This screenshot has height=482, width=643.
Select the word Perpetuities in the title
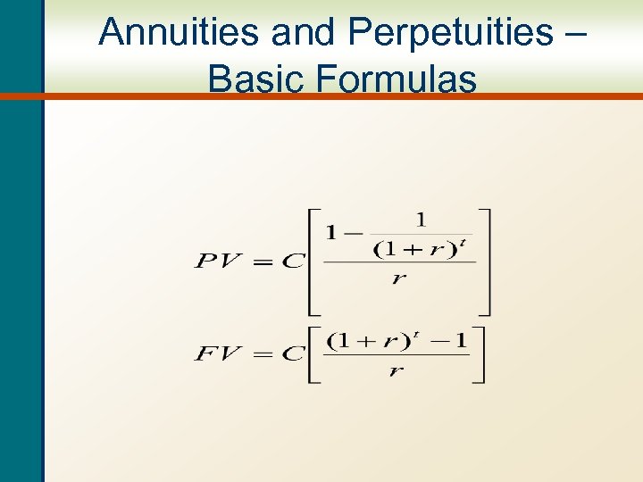tap(450, 33)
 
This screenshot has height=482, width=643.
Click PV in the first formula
tap(221, 262)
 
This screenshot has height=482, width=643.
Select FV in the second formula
tap(219, 354)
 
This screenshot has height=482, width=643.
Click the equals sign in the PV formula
tap(263, 262)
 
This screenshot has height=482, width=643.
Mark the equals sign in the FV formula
tap(263, 354)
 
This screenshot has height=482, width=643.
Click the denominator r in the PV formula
tap(398, 278)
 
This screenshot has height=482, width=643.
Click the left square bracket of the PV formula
tap(315, 262)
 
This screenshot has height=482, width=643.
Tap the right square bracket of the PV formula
tap(484, 262)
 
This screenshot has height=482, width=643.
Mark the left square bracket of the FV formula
tap(314, 354)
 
